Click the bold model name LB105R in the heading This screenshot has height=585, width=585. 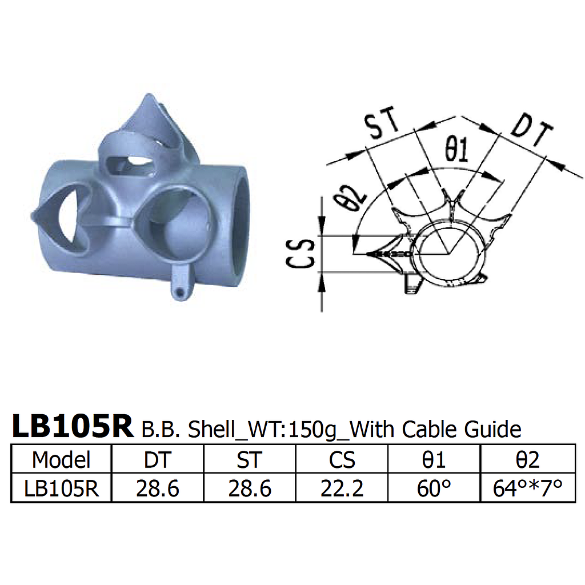coord(72,427)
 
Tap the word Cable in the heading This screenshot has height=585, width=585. coord(432,429)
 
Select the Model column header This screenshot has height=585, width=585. coord(61,459)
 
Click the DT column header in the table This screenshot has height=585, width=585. coord(158,459)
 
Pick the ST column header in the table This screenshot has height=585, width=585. coord(250,459)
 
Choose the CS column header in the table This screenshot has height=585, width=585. coord(342,459)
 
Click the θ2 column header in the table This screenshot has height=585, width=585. coord(527,459)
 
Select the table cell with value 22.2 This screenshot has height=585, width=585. coord(342,488)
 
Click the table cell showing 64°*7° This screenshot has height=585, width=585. coord(527,488)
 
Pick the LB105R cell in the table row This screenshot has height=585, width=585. coord(61,488)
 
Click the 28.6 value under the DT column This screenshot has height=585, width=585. coord(158,488)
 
